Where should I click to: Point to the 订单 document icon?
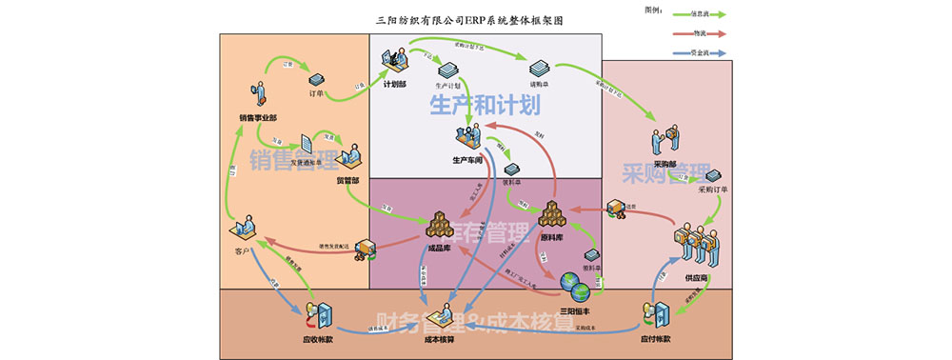pos(317,79)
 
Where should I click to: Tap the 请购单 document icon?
pos(540,69)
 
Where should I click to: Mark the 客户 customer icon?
pos(244,230)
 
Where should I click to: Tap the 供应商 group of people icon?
pos(696,246)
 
